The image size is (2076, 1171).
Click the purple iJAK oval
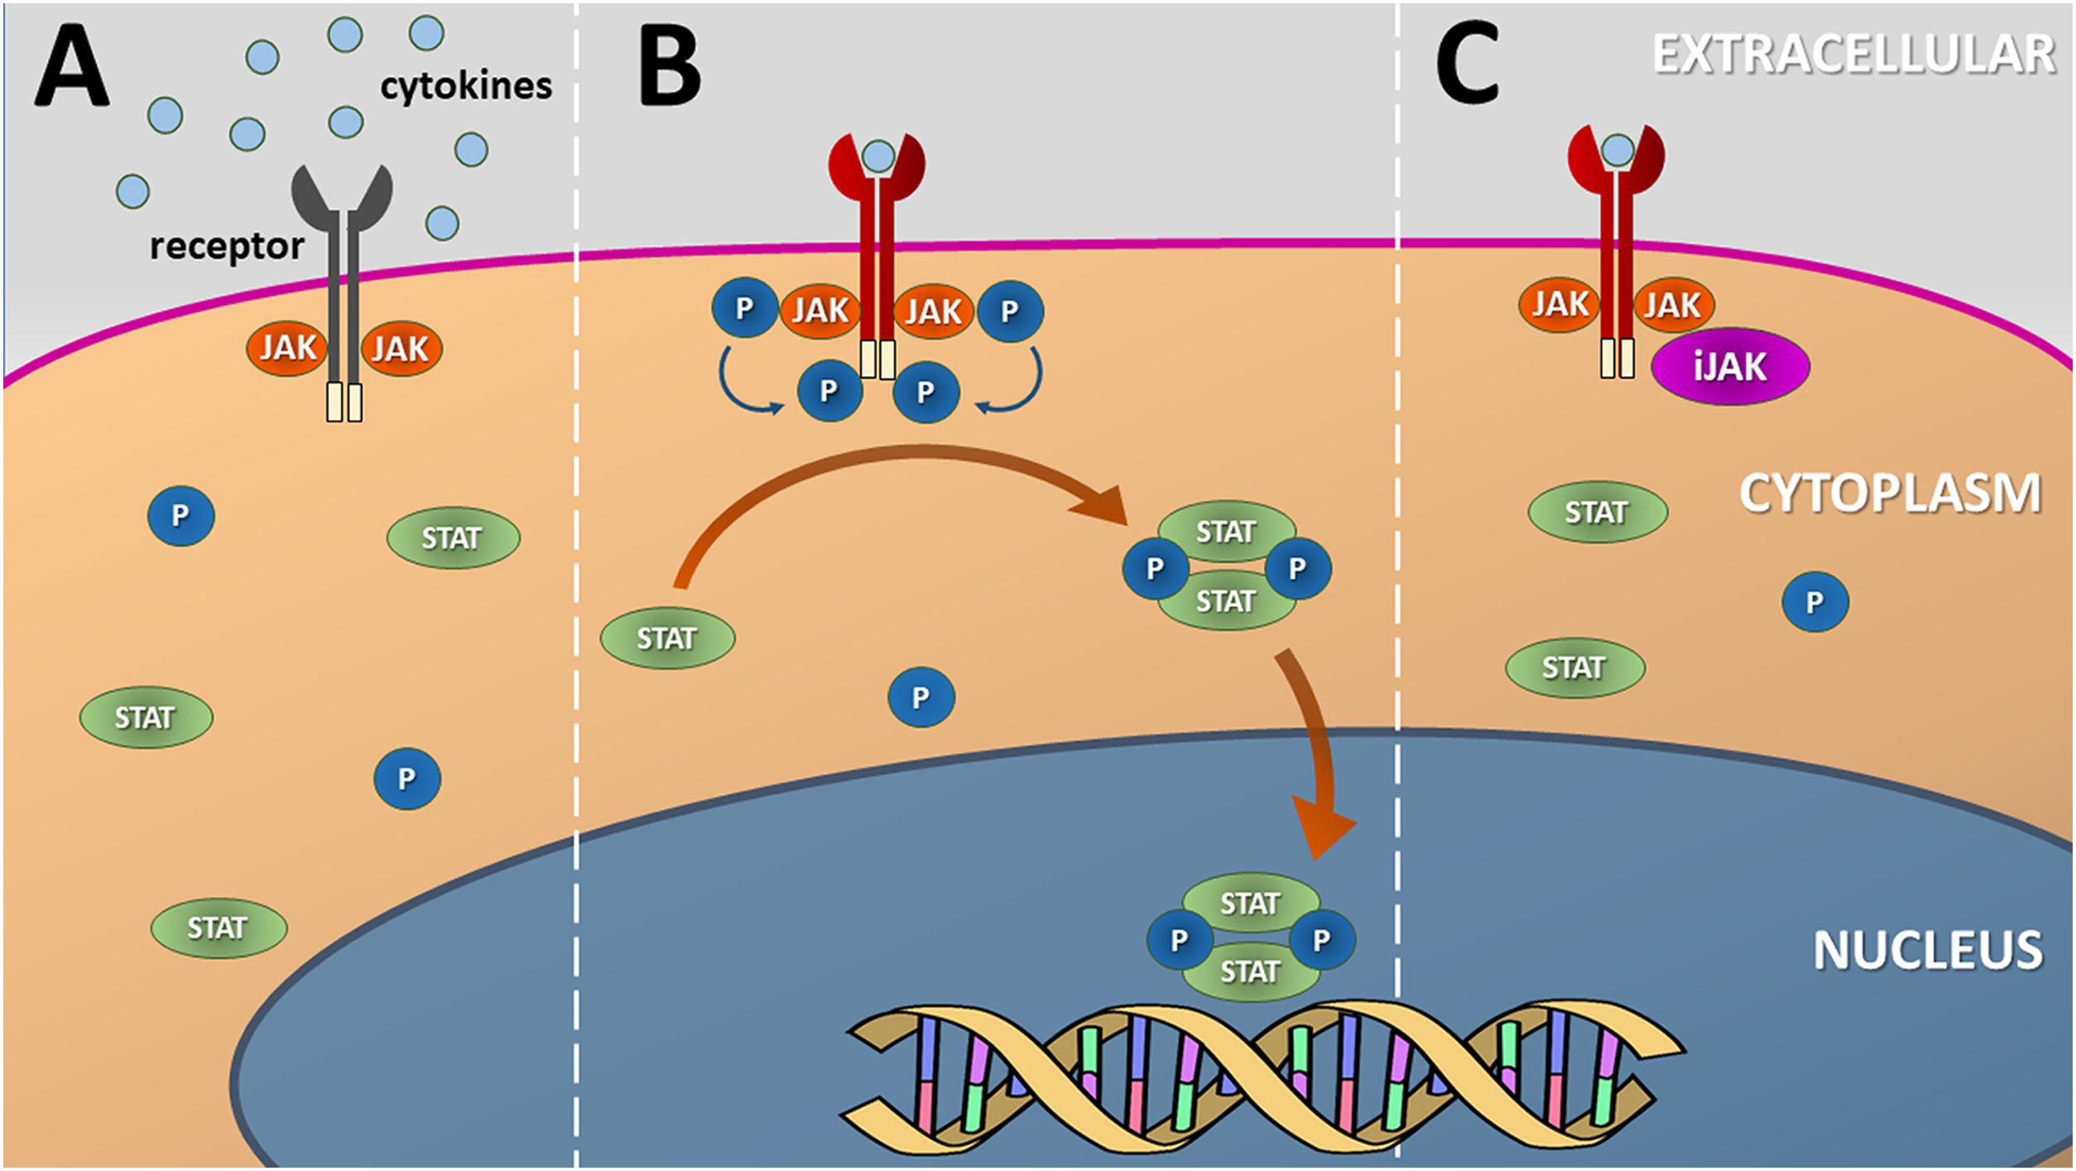tap(1730, 367)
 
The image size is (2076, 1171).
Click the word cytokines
tap(466, 86)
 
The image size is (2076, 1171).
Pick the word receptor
tap(227, 246)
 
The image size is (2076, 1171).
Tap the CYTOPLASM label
tap(1890, 494)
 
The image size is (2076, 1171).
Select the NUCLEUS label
tap(1928, 950)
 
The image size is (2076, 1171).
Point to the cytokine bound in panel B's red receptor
tap(878, 156)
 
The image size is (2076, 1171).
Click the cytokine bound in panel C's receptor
tap(1617, 151)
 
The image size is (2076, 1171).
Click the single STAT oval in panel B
tap(667, 639)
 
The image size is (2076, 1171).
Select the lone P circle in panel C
tap(1814, 602)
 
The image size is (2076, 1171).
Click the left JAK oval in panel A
tap(287, 349)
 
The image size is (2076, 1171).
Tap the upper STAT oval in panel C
tap(1597, 513)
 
